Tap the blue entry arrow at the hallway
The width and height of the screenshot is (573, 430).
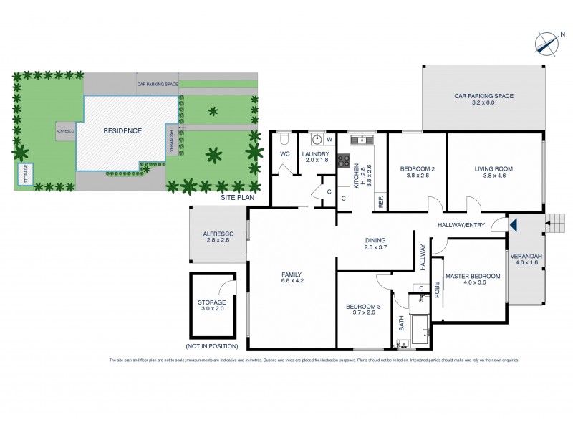tap(513, 225)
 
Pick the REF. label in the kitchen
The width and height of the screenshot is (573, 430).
tap(381, 201)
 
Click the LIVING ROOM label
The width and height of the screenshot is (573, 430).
tap(493, 169)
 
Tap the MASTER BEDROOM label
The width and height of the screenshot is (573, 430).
tap(471, 276)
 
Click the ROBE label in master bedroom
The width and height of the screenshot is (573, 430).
tap(436, 290)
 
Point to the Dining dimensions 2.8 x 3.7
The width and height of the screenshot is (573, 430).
tap(375, 247)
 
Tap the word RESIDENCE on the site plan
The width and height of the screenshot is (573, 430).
tap(122, 131)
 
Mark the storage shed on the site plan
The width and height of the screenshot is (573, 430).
tap(27, 175)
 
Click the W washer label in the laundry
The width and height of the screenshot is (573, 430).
tap(330, 140)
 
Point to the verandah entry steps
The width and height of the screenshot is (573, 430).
tap(554, 221)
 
